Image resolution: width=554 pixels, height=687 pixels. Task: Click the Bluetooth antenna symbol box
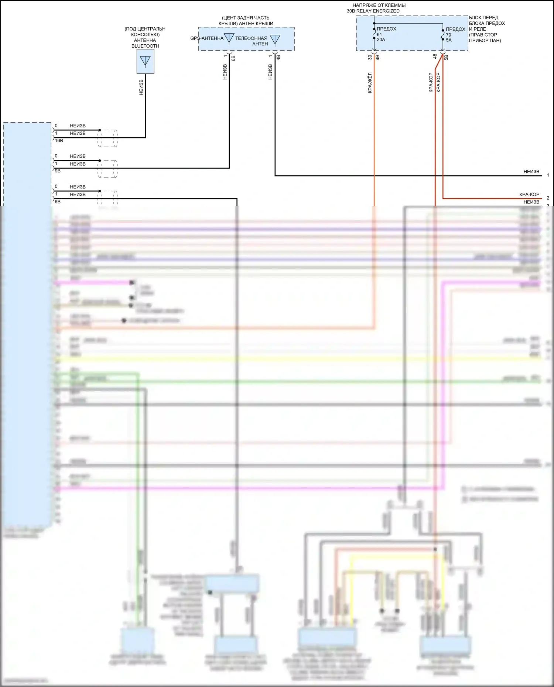[145, 62]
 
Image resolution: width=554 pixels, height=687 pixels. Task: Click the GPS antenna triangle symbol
[229, 38]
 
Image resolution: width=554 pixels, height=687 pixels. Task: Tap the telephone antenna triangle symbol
[275, 39]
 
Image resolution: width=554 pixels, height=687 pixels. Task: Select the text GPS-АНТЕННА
[207, 38]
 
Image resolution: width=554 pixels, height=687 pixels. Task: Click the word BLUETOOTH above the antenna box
[145, 46]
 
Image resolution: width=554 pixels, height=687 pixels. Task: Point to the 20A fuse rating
[381, 40]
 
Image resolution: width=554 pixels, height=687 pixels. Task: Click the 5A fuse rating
[449, 40]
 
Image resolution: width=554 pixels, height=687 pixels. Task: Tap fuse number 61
[379, 35]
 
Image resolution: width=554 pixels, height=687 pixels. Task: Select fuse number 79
[448, 35]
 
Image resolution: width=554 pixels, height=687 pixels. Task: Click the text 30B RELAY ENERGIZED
[373, 11]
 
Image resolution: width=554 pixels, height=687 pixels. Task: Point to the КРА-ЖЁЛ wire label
[370, 83]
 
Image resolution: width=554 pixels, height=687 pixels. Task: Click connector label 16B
[59, 141]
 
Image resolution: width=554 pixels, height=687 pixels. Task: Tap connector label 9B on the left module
[58, 171]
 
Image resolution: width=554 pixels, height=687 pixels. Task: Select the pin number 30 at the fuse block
[370, 57]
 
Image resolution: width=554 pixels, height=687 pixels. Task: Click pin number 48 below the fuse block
[435, 56]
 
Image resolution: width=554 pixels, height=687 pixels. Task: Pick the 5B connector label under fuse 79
[446, 57]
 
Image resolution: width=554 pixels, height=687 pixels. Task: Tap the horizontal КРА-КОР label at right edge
[529, 195]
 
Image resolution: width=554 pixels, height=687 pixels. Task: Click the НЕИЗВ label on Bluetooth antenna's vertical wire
[141, 87]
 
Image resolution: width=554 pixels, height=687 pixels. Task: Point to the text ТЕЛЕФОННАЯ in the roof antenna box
[251, 38]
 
